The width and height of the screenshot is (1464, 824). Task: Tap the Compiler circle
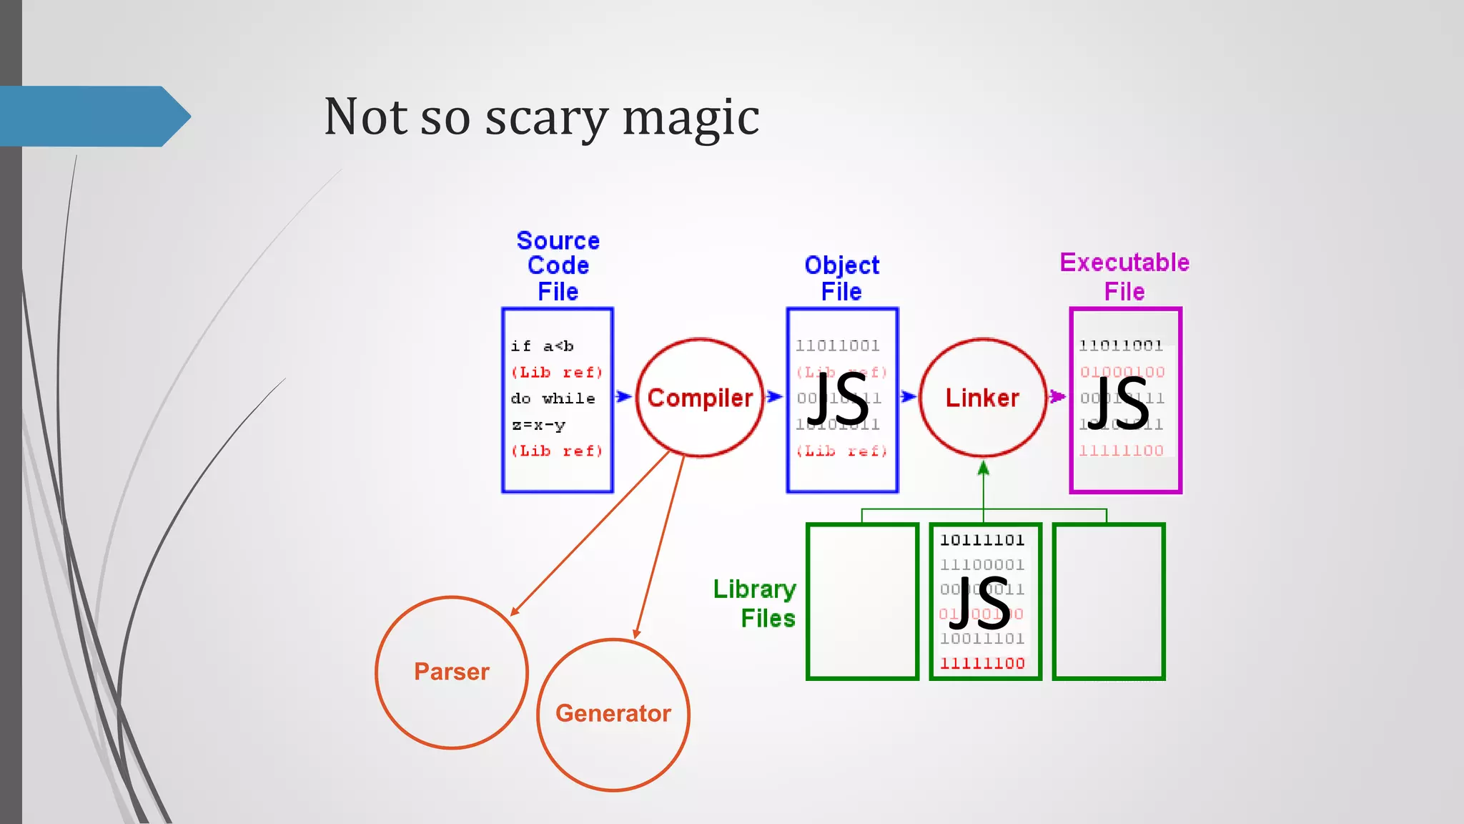pyautogui.click(x=700, y=398)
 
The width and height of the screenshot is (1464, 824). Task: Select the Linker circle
pyautogui.click(x=982, y=398)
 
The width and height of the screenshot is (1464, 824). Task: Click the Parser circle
pyautogui.click(x=452, y=672)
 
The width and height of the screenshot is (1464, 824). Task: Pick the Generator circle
pyautogui.click(x=613, y=714)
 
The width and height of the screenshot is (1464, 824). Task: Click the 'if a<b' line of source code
pyautogui.click(x=543, y=346)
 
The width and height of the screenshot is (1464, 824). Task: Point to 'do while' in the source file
pyautogui.click(x=553, y=398)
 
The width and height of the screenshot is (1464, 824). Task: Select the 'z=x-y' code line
pyautogui.click(x=538, y=425)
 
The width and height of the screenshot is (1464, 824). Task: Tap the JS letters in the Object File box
pyautogui.click(x=838, y=401)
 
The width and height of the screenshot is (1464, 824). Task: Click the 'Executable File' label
pyautogui.click(x=1124, y=277)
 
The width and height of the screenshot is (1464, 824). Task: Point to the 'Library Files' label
pyautogui.click(x=756, y=603)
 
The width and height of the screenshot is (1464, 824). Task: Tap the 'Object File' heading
pyautogui.click(x=841, y=278)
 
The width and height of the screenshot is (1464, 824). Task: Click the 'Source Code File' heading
pyautogui.click(x=558, y=266)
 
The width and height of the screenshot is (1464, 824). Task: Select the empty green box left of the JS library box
pyautogui.click(x=862, y=602)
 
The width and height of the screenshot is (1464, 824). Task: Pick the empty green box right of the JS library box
pyautogui.click(x=1109, y=602)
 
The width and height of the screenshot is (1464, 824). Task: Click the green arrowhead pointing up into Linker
pyautogui.click(x=984, y=469)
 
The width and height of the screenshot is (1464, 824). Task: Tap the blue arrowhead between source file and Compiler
pyautogui.click(x=623, y=396)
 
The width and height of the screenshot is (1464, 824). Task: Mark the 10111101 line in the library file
pyautogui.click(x=982, y=540)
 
